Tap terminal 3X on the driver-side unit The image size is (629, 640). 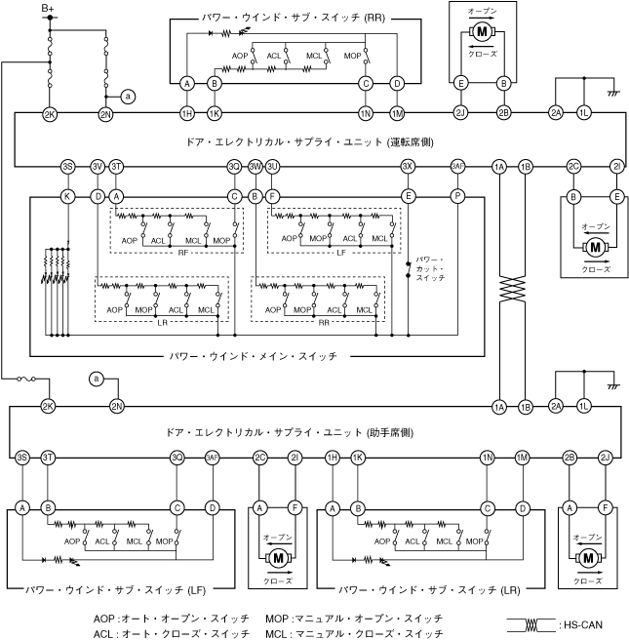tap(408, 166)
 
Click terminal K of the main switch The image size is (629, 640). tap(67, 196)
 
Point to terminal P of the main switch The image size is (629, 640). tap(457, 196)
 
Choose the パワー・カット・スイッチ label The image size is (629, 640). tap(429, 268)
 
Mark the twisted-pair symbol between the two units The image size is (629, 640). tap(512, 290)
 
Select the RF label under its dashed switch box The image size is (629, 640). tap(182, 252)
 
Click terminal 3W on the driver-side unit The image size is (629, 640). tap(255, 166)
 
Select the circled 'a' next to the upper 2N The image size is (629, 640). tap(128, 95)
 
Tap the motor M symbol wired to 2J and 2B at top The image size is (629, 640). tap(482, 32)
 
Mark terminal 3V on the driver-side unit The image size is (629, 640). tap(98, 166)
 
